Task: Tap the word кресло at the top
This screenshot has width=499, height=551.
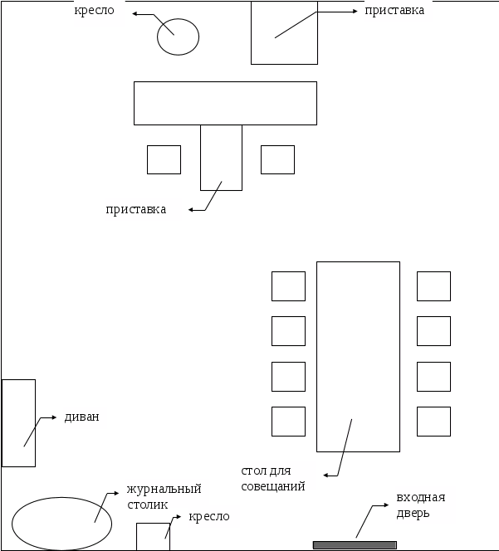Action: pyautogui.click(x=95, y=11)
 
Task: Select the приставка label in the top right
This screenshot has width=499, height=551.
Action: pyautogui.click(x=394, y=11)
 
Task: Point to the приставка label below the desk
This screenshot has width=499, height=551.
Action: pyautogui.click(x=135, y=210)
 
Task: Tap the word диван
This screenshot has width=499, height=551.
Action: pyautogui.click(x=82, y=417)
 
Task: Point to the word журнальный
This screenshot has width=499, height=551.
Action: pyautogui.click(x=164, y=489)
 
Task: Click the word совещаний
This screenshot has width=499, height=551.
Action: pyautogui.click(x=273, y=487)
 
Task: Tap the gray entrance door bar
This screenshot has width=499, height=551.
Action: pyautogui.click(x=355, y=545)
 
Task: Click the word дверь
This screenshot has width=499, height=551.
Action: pyautogui.click(x=413, y=514)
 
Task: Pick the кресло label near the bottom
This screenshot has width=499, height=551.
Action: pyautogui.click(x=209, y=517)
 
